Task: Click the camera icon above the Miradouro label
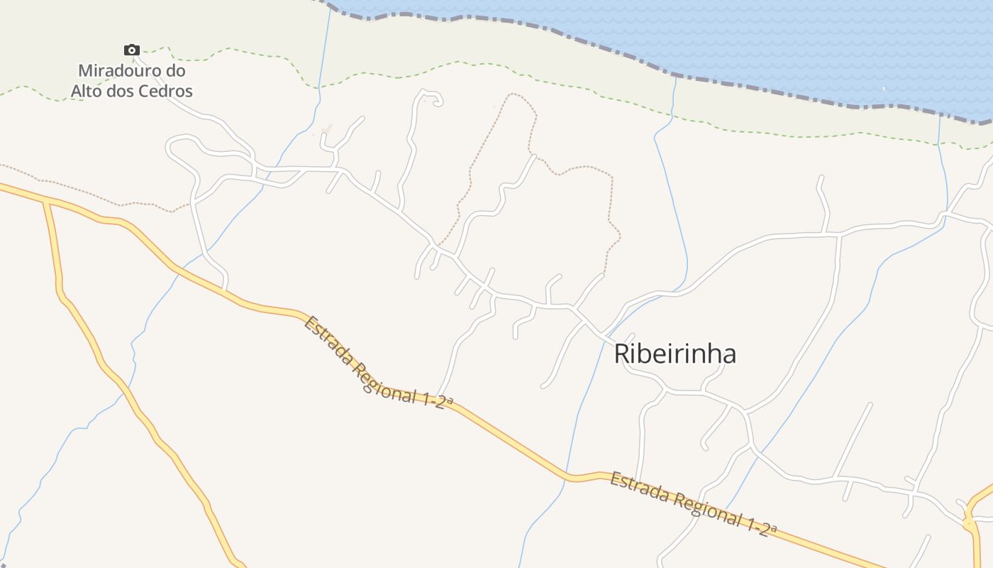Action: (x=131, y=50)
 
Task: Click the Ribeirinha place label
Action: (x=675, y=354)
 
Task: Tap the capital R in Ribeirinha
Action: (x=621, y=354)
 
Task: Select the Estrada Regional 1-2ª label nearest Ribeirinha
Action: (x=693, y=505)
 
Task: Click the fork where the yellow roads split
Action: (x=47, y=202)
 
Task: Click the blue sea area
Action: (x=816, y=43)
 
